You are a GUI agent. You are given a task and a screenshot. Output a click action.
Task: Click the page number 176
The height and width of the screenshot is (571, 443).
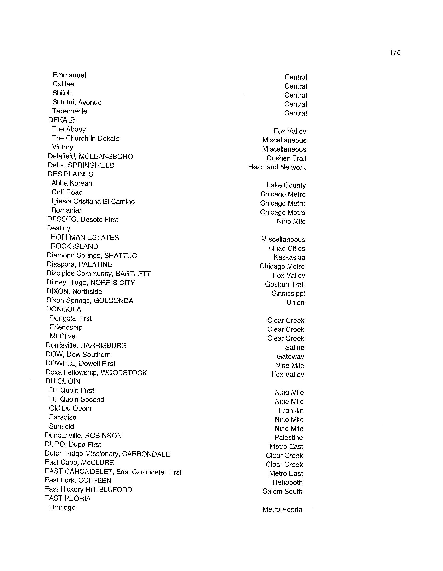coord(395,52)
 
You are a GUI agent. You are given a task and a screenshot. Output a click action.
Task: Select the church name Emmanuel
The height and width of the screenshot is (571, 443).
coord(69,75)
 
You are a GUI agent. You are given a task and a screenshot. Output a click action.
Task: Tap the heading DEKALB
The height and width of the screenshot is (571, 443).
coord(62,120)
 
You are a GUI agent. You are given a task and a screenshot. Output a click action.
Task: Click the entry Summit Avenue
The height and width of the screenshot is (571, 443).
coord(77,102)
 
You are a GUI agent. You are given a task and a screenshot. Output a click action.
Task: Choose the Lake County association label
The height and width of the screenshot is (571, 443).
coord(286,185)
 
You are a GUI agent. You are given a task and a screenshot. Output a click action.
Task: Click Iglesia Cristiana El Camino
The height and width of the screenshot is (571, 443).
coord(93,202)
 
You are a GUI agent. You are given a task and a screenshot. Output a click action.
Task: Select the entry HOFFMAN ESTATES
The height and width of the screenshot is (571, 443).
coord(84,237)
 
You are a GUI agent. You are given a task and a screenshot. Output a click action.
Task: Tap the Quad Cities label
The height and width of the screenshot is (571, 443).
coord(287,248)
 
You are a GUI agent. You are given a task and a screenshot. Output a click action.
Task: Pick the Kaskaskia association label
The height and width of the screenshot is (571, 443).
coord(289,257)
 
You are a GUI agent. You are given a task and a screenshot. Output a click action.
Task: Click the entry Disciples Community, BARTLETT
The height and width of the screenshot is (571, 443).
coord(99,274)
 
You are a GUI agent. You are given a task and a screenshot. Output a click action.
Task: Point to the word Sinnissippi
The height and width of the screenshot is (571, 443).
coord(288,294)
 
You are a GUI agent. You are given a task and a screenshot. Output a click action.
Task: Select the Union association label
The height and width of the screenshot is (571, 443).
coord(295,302)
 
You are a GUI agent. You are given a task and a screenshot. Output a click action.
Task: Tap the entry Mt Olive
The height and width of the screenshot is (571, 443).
coord(62,336)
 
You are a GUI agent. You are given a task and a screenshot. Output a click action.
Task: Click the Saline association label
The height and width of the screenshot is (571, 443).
coord(295,348)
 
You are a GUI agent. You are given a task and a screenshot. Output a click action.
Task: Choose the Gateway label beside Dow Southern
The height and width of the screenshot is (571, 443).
coord(290,357)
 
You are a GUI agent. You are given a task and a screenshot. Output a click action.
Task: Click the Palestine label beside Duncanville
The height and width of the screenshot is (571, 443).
coord(289,437)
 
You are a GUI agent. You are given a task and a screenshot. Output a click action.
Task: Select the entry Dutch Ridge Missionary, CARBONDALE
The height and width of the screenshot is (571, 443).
coord(107,454)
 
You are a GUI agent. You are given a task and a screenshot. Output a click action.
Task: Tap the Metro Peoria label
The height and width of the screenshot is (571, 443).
coord(282,509)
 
